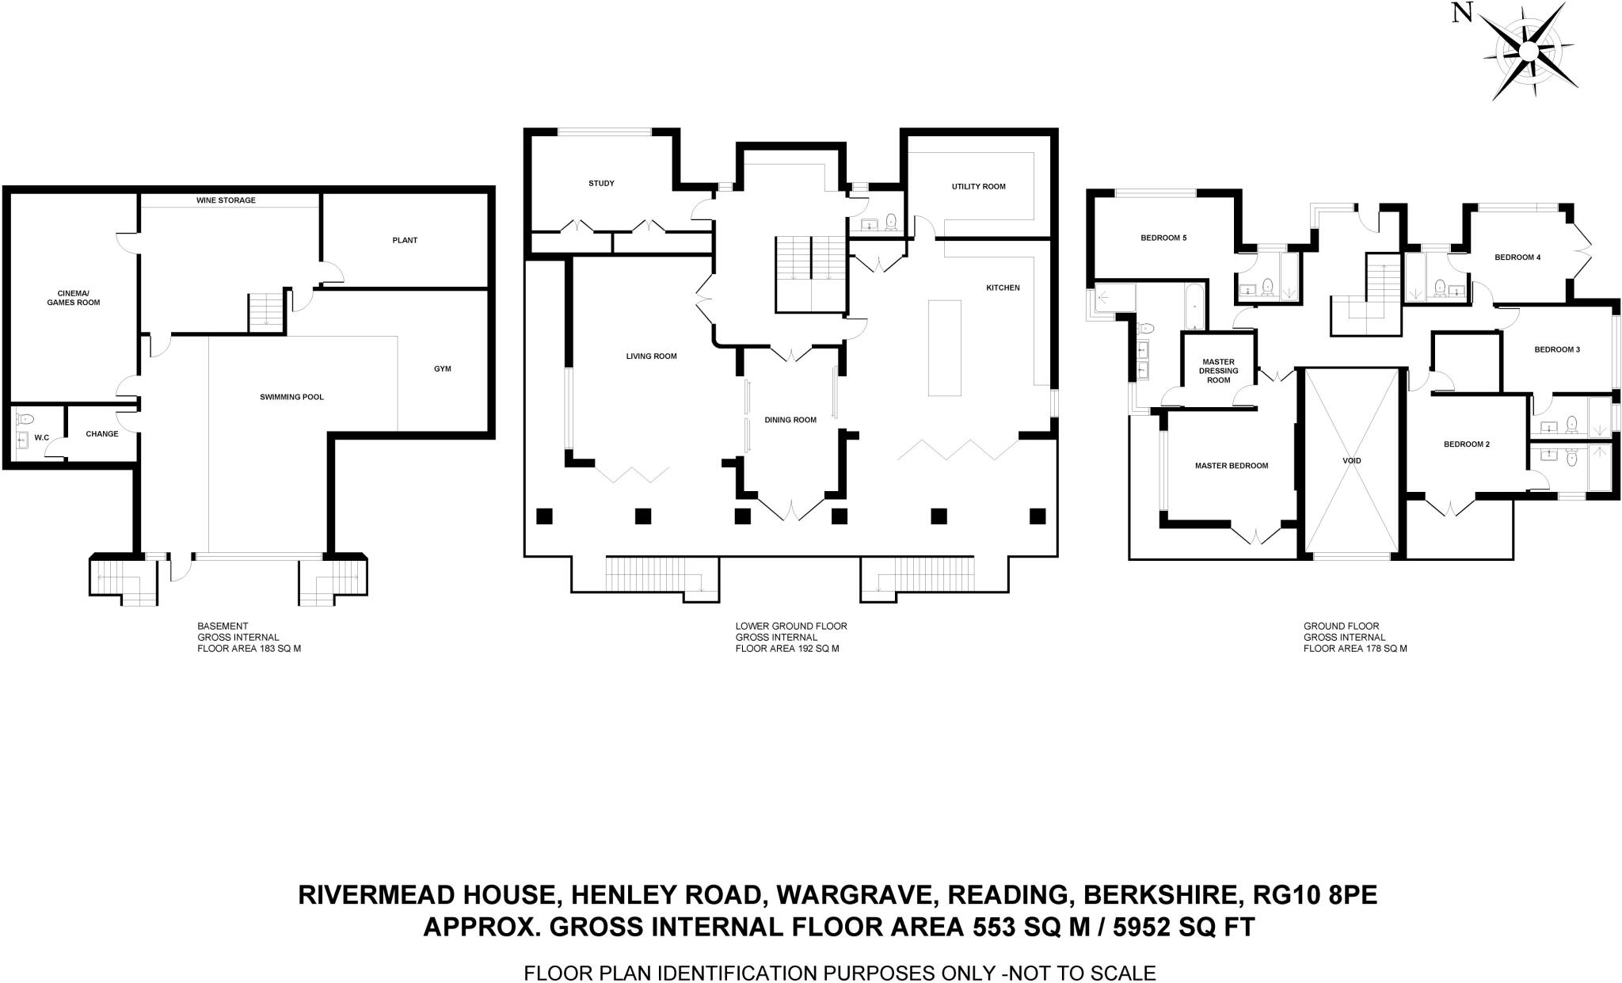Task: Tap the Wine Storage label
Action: (x=226, y=200)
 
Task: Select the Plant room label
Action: (x=405, y=240)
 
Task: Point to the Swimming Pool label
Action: (x=291, y=397)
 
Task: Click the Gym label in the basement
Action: (x=442, y=368)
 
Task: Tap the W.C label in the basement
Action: (x=42, y=437)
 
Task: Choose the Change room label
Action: (x=102, y=433)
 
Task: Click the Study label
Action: (x=601, y=183)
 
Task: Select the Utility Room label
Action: (x=978, y=187)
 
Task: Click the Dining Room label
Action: (x=790, y=420)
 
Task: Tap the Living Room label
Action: (x=651, y=356)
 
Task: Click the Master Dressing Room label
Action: (x=1218, y=371)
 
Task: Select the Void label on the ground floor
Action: (x=1352, y=460)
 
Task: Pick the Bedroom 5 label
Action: (x=1163, y=238)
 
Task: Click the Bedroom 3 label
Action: (x=1556, y=349)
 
